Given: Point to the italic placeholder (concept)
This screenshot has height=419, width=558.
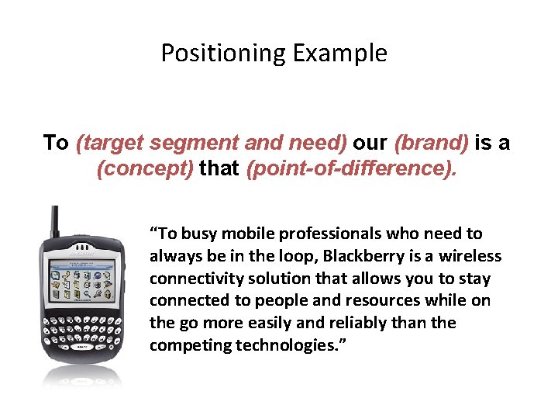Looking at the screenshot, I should (x=145, y=169).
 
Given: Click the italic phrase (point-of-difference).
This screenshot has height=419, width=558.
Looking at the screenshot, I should (x=351, y=169).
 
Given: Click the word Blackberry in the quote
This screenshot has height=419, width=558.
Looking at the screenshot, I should (x=363, y=256).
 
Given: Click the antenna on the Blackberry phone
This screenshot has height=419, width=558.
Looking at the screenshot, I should (x=54, y=221).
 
